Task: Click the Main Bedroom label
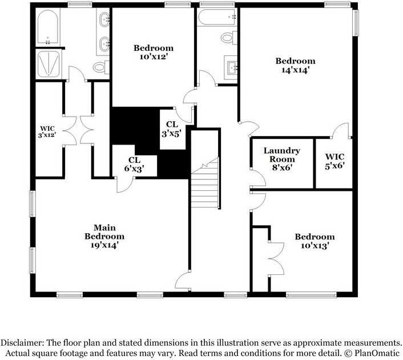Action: (x=104, y=231)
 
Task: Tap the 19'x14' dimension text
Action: (x=104, y=245)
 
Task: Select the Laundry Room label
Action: (x=281, y=155)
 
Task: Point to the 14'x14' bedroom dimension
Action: (x=295, y=70)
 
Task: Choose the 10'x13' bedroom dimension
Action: (x=315, y=246)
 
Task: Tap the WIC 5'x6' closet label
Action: (x=335, y=161)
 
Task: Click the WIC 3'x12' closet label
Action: (x=47, y=131)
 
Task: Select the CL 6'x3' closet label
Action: (x=134, y=164)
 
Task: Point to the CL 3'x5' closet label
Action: (x=172, y=129)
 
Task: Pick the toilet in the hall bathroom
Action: (x=228, y=38)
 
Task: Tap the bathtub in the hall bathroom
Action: (x=217, y=17)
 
